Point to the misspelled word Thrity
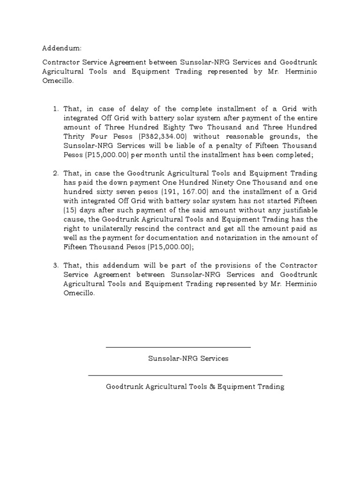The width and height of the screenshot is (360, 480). tap(75, 136)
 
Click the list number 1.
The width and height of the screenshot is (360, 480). tap(56, 109)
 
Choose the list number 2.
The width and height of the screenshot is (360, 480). tap(56, 173)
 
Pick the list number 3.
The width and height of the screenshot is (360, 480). tap(56, 266)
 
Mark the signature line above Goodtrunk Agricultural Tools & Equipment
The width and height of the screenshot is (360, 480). tap(185, 375)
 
